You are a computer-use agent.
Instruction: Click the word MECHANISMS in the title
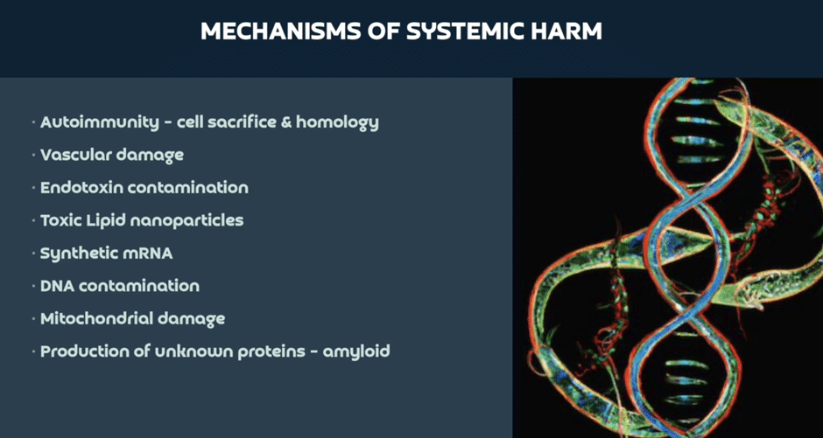point(274,32)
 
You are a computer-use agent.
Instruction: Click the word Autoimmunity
point(99,122)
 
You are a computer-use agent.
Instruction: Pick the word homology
point(337,123)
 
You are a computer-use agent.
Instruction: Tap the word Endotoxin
point(81,188)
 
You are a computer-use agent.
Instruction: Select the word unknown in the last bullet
point(193,351)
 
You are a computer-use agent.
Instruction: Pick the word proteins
point(271,351)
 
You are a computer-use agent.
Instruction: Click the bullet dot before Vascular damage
point(33,155)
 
